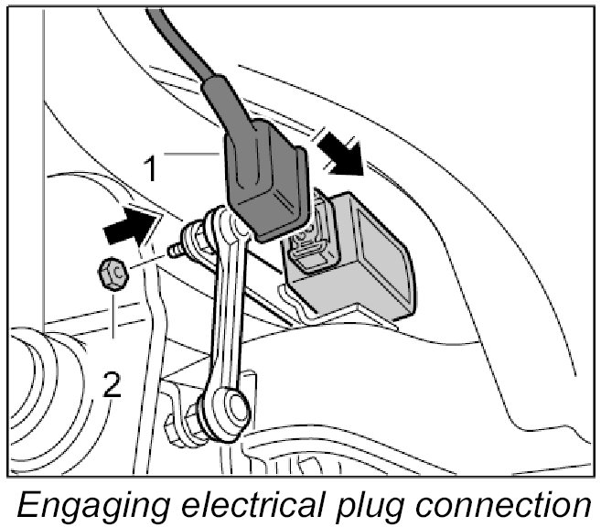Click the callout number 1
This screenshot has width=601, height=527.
click(x=158, y=167)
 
